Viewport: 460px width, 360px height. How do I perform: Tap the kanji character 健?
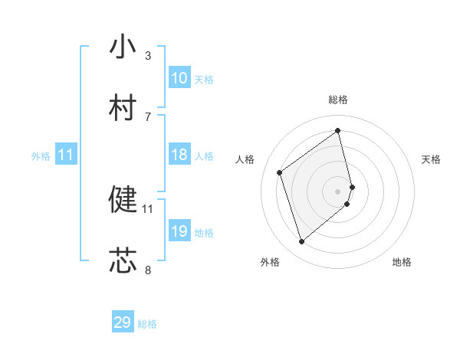click(x=123, y=199)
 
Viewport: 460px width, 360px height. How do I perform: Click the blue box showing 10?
click(x=179, y=78)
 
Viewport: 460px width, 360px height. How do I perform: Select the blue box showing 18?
click(x=179, y=155)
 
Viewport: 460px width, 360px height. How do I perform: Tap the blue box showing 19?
click(x=179, y=231)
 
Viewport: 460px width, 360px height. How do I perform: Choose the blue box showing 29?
click(x=123, y=322)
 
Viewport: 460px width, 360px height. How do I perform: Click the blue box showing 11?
click(x=66, y=155)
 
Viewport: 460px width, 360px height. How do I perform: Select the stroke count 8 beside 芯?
click(x=147, y=270)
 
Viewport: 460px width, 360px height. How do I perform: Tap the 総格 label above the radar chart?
click(x=338, y=100)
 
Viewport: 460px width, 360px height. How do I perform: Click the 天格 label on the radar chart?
click(x=432, y=159)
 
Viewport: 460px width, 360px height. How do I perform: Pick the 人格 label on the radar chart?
click(x=245, y=159)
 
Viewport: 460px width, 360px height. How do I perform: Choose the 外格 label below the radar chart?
click(x=270, y=262)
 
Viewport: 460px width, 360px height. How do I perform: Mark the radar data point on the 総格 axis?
click(x=338, y=130)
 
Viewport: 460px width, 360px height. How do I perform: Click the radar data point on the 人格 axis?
click(x=280, y=172)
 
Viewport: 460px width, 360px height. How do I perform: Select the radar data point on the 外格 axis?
click(x=301, y=242)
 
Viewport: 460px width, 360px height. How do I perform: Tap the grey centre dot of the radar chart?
click(x=338, y=191)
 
